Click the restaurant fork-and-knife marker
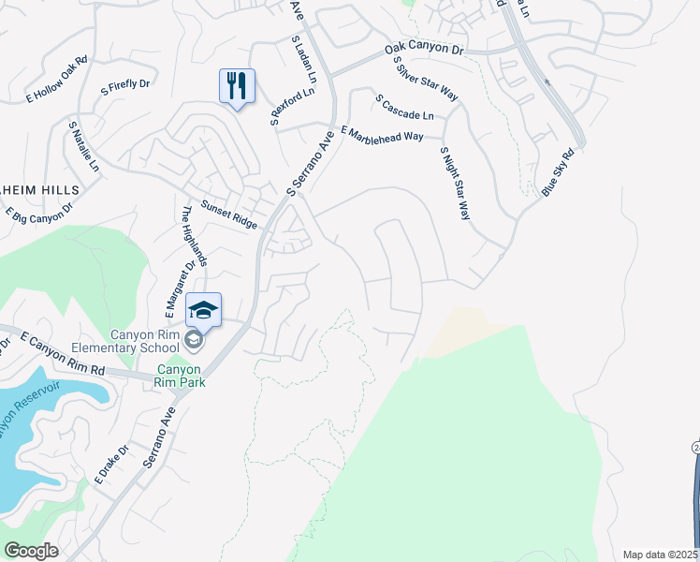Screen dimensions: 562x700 (237, 86)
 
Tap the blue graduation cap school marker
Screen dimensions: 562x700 (204, 308)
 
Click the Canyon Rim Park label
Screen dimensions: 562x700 (181, 375)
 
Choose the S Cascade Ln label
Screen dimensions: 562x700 (404, 107)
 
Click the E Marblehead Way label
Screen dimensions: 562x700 (382, 135)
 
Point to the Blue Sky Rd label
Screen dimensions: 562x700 (557, 171)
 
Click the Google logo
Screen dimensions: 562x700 (31, 550)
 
